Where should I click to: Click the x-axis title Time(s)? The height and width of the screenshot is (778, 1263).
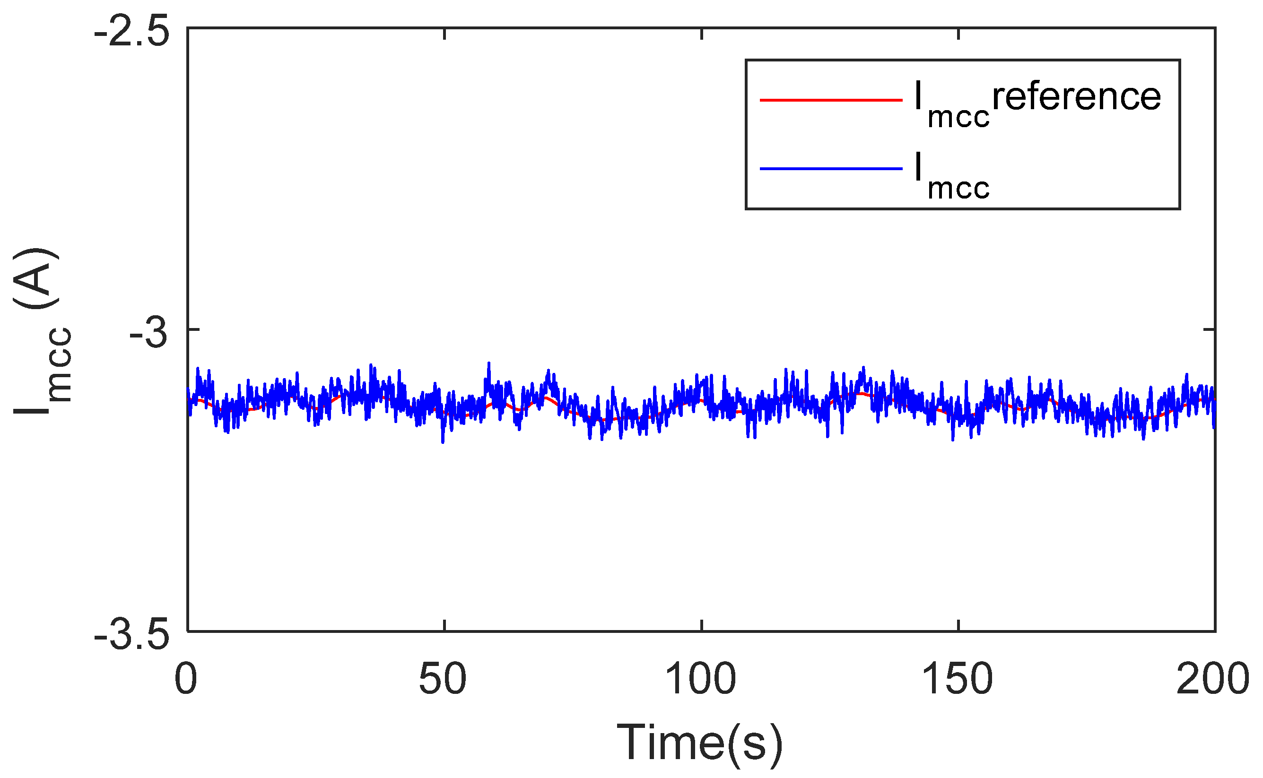point(699,743)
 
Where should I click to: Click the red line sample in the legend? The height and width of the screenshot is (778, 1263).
point(831,100)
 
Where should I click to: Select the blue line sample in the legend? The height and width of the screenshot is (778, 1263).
point(831,168)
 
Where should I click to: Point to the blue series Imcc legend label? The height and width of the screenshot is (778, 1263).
point(952,175)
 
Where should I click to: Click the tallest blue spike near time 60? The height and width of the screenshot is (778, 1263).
point(489,363)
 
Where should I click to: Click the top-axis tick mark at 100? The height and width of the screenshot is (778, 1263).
point(702,33)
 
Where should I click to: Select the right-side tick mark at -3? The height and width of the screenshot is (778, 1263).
point(1210,329)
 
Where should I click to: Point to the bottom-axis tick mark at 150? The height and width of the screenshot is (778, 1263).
point(958,626)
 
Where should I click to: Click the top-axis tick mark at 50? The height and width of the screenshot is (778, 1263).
point(444,33)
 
